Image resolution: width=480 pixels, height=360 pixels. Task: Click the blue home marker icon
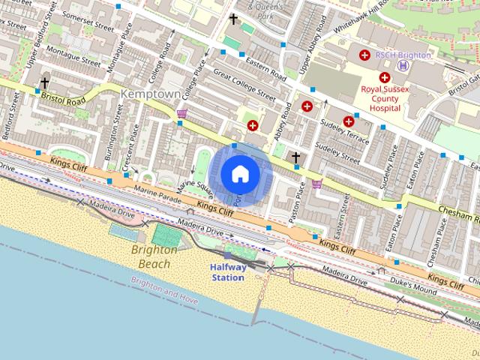point(240,174)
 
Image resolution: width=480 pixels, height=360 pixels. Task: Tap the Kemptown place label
point(150,95)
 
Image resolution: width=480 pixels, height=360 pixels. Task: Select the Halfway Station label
point(228,272)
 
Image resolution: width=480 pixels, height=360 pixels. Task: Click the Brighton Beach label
point(150,256)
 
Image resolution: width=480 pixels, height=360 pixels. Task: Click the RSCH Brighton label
point(403,55)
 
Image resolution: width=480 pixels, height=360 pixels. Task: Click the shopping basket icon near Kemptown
point(181,114)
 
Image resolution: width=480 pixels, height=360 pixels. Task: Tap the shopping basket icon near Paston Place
point(317,183)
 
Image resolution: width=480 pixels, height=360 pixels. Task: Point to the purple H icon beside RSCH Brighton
point(403,65)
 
